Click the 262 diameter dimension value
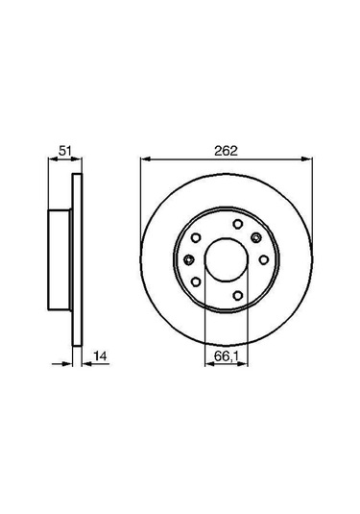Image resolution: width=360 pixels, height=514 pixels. (x=226, y=149)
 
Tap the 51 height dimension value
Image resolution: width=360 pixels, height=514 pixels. (x=64, y=150)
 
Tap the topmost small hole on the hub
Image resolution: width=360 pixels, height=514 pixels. (x=235, y=228)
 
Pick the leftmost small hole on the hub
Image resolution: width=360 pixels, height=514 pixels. (x=188, y=257)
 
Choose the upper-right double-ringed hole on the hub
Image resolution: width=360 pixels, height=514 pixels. (x=254, y=239)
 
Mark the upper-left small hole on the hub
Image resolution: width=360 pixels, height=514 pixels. (x=197, y=239)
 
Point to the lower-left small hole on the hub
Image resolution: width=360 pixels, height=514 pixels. (x=197, y=280)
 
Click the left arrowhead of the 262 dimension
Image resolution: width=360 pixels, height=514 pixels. (x=144, y=159)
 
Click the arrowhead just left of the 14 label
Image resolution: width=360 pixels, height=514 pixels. (x=82, y=364)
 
